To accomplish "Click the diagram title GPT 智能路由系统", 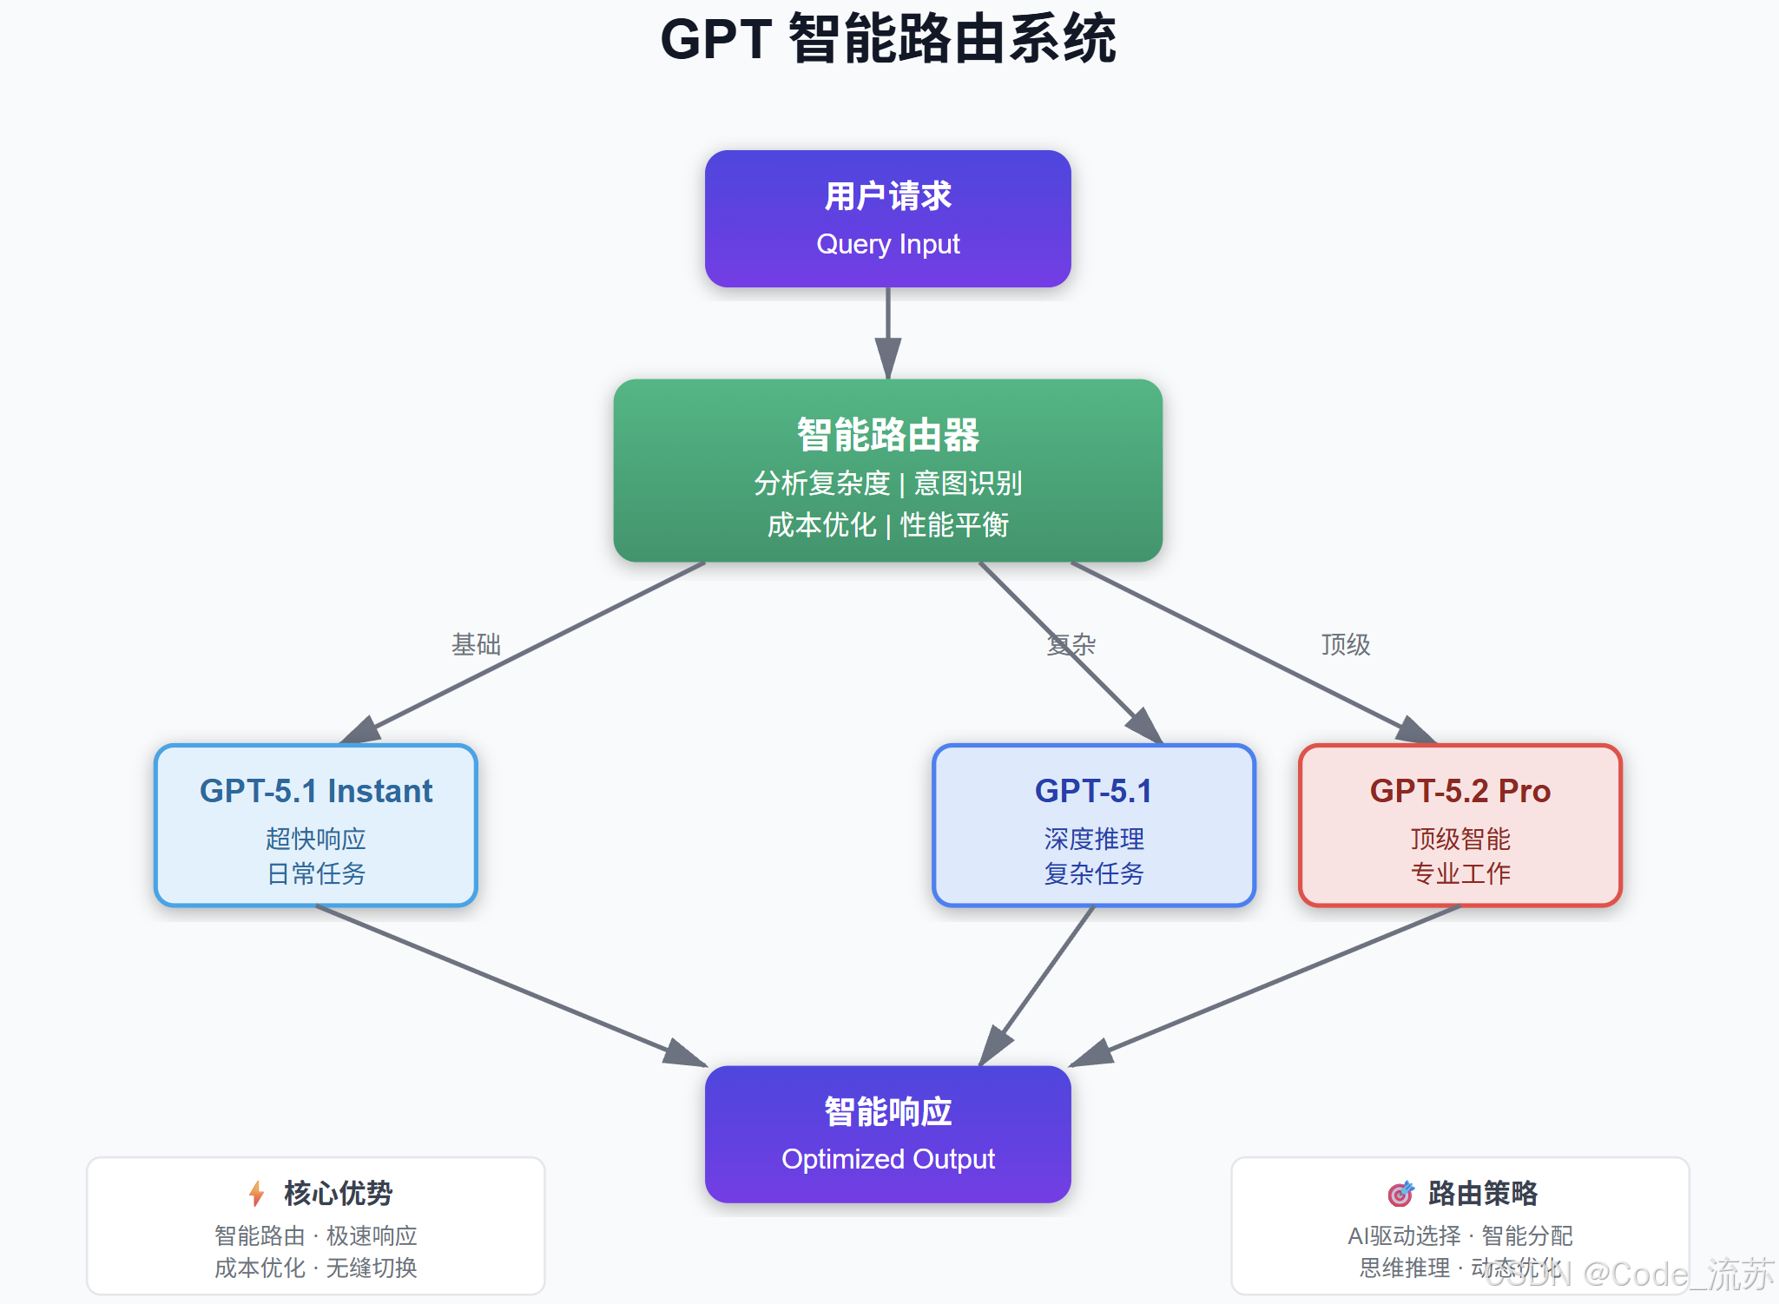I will (888, 39).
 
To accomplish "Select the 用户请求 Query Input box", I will (887, 218).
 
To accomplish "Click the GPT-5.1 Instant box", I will (316, 825).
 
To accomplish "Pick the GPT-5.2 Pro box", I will (1459, 825).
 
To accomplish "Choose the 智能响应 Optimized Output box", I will (887, 1134).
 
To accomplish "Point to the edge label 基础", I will (476, 644).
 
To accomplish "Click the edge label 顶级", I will (1345, 644).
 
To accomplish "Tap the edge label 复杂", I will (1071, 644).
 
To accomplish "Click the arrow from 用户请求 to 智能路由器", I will (887, 330).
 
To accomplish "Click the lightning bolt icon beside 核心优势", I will (256, 1194).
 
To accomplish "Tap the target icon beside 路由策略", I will (1400, 1194).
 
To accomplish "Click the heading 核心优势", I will (338, 1194).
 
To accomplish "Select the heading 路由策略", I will (1482, 1194).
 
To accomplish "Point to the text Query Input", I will (887, 244).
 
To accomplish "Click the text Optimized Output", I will (887, 1159).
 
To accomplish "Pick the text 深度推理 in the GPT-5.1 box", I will (1094, 839).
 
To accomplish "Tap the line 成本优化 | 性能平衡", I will (887, 524).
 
